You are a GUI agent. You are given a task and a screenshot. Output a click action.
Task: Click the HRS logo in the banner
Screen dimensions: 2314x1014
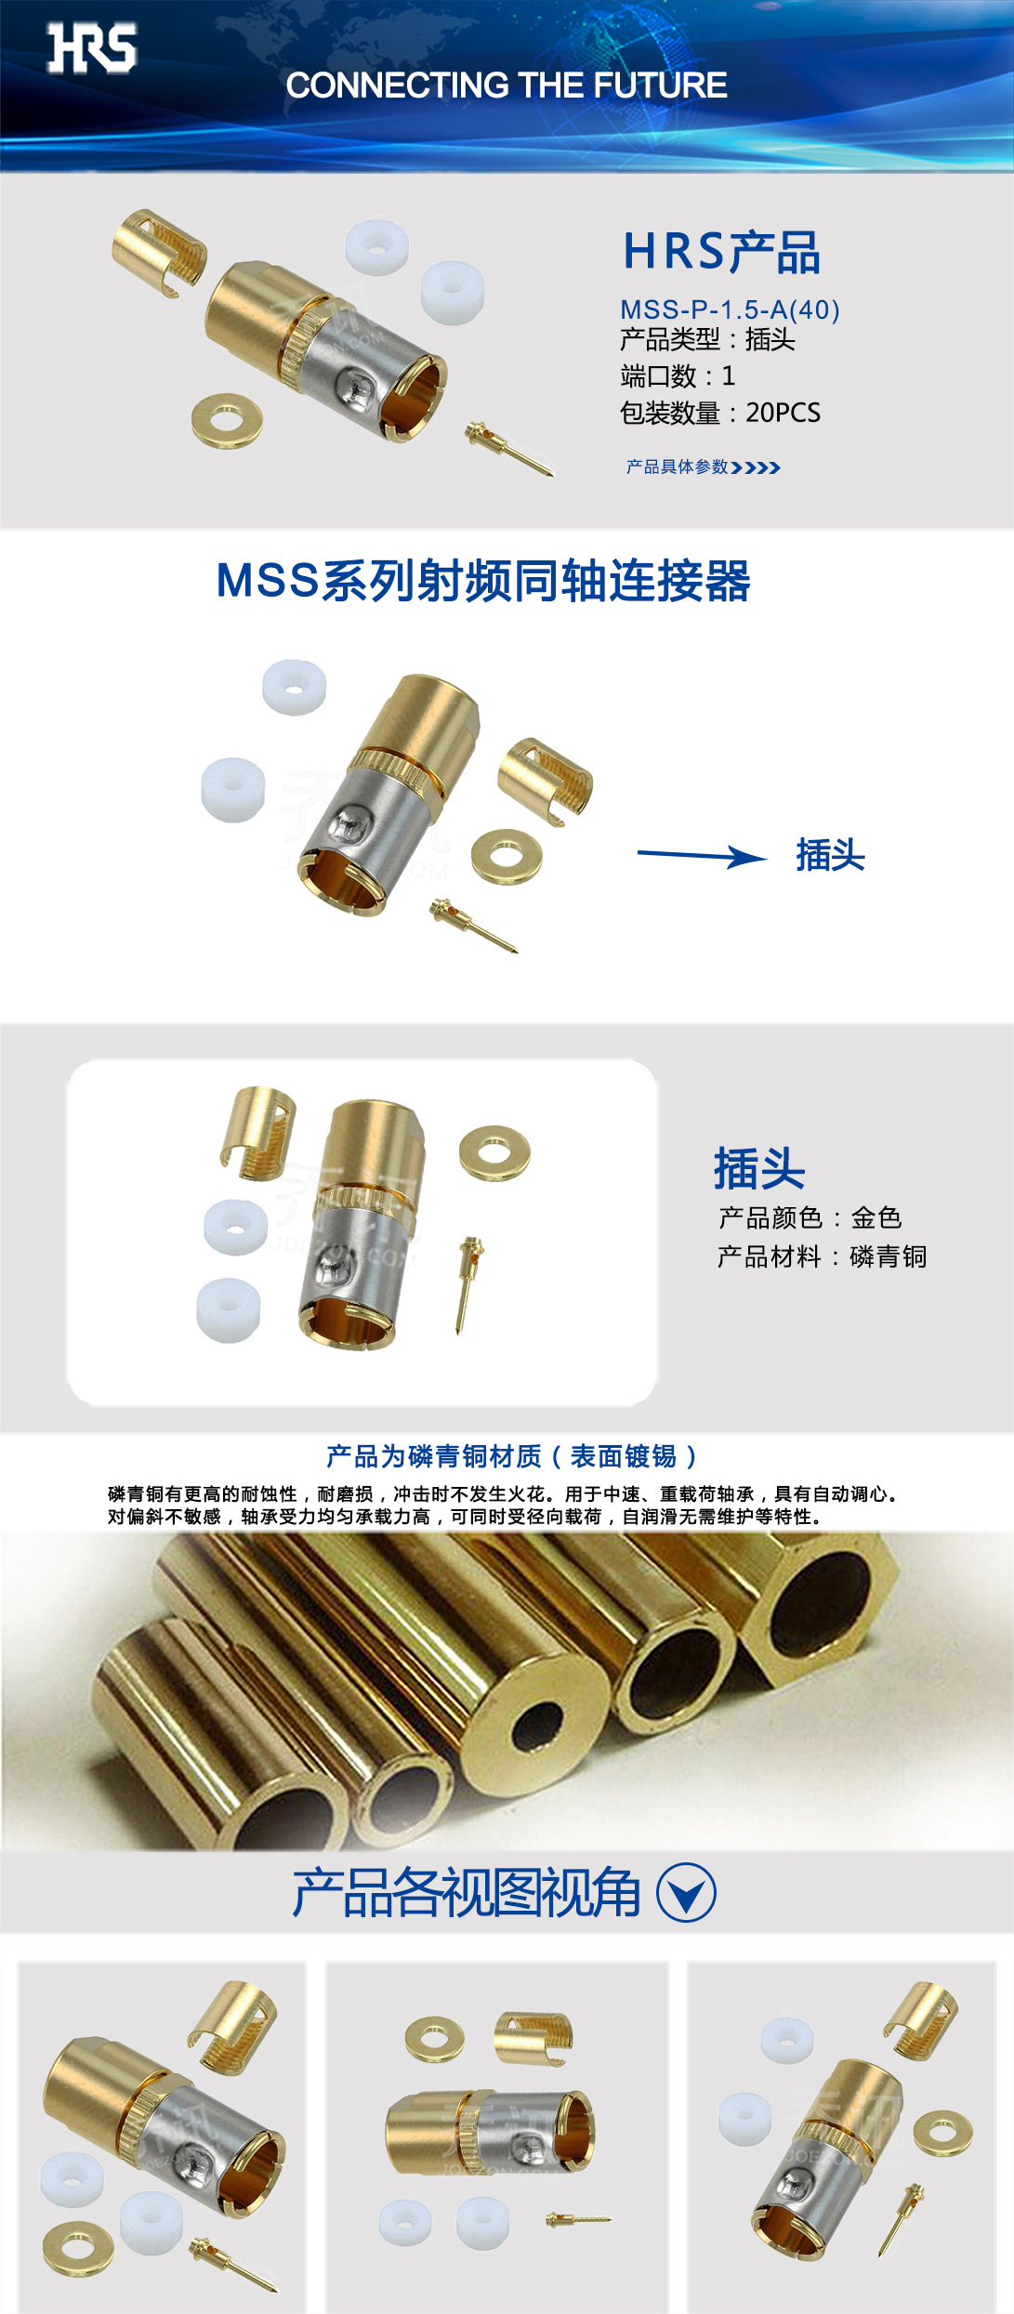[92, 48]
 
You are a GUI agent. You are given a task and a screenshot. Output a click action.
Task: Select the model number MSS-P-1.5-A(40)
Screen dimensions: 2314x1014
[730, 309]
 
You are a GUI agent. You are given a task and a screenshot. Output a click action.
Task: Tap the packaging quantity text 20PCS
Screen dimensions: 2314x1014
[783, 413]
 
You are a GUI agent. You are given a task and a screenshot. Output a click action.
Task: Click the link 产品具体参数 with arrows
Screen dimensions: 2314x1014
[702, 467]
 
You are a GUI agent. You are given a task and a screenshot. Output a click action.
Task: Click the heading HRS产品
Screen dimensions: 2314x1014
[720, 252]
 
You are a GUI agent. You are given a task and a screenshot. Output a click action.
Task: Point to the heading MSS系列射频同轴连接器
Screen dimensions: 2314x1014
[482, 582]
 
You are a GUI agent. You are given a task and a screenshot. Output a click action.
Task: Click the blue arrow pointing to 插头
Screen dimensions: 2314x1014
[702, 856]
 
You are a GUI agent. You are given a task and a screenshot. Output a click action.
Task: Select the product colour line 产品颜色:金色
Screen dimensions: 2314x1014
[809, 1217]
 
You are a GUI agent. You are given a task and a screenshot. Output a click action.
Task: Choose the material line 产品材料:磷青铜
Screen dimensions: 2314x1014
[822, 1256]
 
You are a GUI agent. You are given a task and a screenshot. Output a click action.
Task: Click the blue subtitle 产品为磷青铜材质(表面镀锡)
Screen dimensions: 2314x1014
[510, 1456]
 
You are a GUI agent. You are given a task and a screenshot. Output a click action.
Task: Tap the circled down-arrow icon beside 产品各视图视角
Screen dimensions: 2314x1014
[686, 1893]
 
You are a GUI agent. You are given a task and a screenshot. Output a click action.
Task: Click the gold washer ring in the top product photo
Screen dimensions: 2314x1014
[226, 421]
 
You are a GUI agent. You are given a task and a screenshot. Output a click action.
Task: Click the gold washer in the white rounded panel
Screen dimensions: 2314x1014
[494, 1153]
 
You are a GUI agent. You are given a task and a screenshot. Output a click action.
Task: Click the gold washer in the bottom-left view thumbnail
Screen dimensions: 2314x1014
[78, 2250]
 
